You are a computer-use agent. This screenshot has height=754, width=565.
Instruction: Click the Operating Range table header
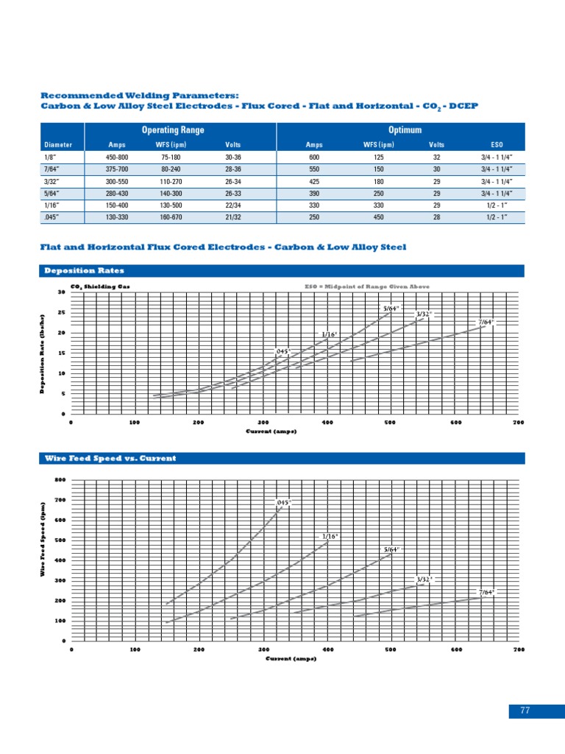(x=172, y=130)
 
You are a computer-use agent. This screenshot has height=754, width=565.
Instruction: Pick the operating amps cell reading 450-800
(x=117, y=157)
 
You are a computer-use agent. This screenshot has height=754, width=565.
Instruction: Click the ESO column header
(x=497, y=145)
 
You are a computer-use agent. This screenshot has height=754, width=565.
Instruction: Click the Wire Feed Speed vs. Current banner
(x=111, y=458)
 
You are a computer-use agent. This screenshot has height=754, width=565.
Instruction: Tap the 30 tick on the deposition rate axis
(x=61, y=293)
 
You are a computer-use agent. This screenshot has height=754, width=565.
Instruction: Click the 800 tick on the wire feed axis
(x=60, y=480)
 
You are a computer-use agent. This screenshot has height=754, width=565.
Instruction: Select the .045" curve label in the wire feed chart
(x=283, y=502)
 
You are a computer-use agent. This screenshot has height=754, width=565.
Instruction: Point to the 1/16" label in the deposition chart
(x=329, y=334)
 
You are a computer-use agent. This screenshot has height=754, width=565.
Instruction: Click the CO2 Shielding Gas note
(x=100, y=286)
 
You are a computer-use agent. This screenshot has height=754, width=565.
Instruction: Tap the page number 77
(x=525, y=711)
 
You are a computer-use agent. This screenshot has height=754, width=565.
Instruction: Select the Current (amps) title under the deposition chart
(x=271, y=431)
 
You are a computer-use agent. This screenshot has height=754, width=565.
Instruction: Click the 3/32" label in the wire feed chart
(x=424, y=579)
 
